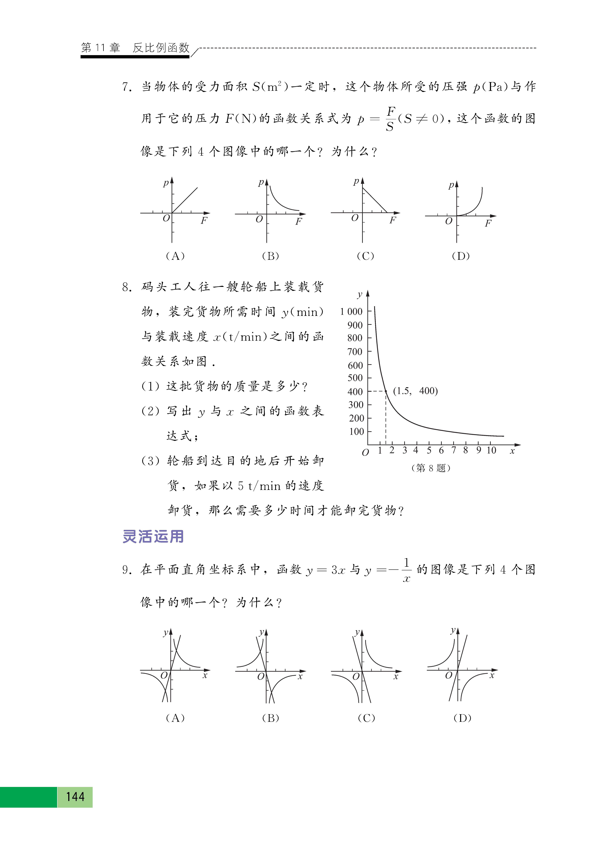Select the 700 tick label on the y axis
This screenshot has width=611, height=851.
tap(355, 352)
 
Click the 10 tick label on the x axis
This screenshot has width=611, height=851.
tap(491, 450)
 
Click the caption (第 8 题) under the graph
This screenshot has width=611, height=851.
tap(431, 468)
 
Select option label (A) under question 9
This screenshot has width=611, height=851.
tap(175, 718)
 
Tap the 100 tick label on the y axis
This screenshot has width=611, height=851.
tap(356, 432)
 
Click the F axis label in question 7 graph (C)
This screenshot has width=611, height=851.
tap(392, 220)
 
